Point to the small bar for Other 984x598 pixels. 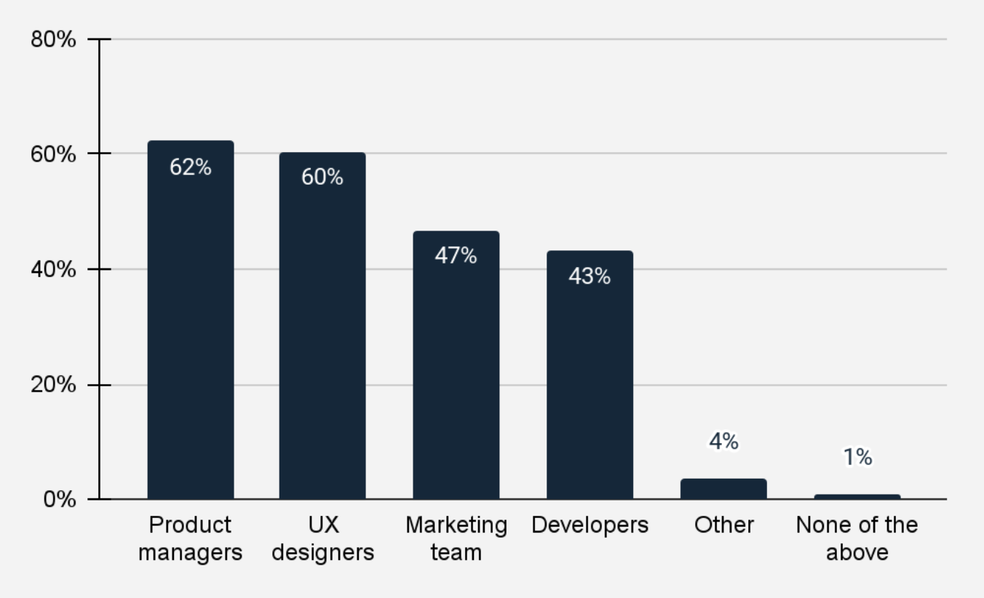pyautogui.click(x=723, y=489)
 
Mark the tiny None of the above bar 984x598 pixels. pyautogui.click(x=857, y=497)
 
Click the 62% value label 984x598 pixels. pyautogui.click(x=191, y=167)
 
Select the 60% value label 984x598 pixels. pyautogui.click(x=322, y=177)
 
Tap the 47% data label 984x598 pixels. pyautogui.click(x=456, y=255)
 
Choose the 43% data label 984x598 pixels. pyautogui.click(x=590, y=276)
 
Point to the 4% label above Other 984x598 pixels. pyautogui.click(x=723, y=442)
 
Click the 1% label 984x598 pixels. pyautogui.click(x=857, y=458)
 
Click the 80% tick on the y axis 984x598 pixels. pyautogui.click(x=53, y=39)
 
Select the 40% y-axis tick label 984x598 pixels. pyautogui.click(x=53, y=270)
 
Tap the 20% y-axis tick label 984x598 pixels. pyautogui.click(x=53, y=385)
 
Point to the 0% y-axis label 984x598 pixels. pyautogui.click(x=58, y=500)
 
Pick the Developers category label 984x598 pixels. pyautogui.click(x=590, y=525)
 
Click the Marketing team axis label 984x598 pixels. pyautogui.click(x=456, y=538)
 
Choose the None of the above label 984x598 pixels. pyautogui.click(x=857, y=538)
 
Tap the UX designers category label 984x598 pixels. pyautogui.click(x=322, y=538)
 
